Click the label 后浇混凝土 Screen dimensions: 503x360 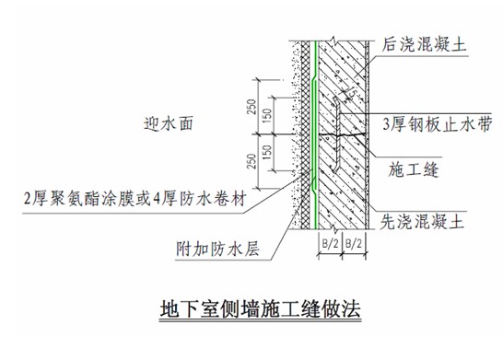[x=424, y=44]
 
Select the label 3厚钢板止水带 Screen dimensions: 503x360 [x=438, y=124]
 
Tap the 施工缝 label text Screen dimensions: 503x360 [x=414, y=169]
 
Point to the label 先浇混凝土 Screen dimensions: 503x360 [x=422, y=222]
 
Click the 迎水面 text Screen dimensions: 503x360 [x=168, y=123]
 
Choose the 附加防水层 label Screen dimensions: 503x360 [x=217, y=250]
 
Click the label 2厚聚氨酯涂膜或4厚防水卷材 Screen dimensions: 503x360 [x=135, y=199]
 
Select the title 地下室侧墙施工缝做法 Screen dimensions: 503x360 [x=260, y=308]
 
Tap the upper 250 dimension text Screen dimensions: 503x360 [x=252, y=107]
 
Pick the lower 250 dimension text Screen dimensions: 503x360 [x=252, y=161]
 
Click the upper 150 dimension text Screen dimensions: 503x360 [x=267, y=115]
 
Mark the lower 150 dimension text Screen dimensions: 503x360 [x=267, y=153]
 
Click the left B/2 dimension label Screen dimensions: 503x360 [x=330, y=244]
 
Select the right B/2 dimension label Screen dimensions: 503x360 [x=354, y=244]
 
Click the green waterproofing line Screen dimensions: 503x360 [x=315, y=135]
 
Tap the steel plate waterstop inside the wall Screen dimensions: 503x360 [x=337, y=134]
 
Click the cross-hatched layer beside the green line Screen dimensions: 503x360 [x=306, y=135]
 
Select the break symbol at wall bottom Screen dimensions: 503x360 [x=335, y=229]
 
